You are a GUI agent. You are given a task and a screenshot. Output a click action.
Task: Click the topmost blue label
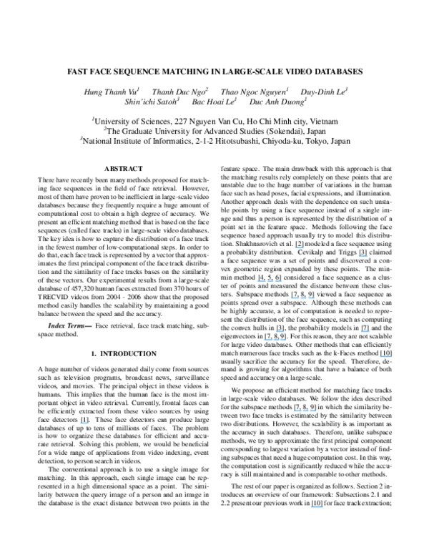click(299, 247)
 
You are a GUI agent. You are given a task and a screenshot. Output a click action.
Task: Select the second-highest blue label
click(363, 256)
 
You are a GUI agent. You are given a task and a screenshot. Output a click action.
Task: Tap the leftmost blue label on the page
click(84, 423)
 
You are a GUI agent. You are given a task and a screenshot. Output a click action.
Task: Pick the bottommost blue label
click(317, 507)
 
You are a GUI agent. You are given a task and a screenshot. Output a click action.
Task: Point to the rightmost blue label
click(386, 357)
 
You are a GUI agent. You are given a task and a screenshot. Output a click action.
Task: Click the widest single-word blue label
click(275, 340)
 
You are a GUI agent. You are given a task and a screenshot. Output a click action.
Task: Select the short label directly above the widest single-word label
click(280, 332)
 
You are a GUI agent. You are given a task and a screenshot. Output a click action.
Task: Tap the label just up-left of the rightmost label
click(365, 332)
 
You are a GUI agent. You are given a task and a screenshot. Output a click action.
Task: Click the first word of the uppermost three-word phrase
click(261, 281)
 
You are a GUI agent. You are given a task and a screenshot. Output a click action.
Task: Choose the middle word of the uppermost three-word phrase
click(270, 281)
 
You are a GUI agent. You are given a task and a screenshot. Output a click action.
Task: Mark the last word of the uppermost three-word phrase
click(279, 281)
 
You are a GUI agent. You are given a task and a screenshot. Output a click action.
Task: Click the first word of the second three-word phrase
click(294, 298)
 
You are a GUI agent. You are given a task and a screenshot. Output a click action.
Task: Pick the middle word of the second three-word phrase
click(303, 298)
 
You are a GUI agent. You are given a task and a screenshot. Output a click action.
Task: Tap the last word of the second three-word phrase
click(312, 298)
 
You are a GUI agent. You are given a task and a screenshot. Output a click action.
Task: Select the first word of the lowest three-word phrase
click(297, 411)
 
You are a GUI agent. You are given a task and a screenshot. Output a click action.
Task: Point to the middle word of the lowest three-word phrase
click(305, 411)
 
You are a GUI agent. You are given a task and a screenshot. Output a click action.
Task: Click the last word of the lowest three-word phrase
click(313, 411)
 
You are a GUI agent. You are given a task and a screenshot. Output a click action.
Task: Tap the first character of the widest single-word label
click(265, 340)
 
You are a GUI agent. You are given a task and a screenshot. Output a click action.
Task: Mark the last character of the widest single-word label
click(285, 340)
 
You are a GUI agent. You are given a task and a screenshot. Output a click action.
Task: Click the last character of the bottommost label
click(322, 507)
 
